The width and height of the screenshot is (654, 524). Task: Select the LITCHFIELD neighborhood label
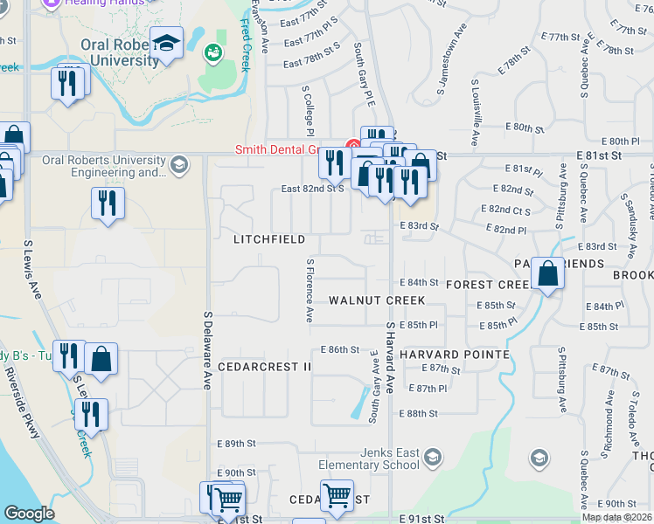click(269, 239)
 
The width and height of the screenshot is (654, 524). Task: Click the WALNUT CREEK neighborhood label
click(377, 300)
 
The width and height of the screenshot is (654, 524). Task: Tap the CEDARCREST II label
click(264, 367)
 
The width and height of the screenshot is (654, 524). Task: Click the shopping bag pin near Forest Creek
click(547, 274)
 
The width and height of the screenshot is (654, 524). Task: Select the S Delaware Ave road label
click(208, 350)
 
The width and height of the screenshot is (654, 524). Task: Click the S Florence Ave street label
click(310, 289)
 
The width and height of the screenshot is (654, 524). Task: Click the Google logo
click(29, 514)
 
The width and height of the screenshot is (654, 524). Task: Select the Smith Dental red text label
click(275, 149)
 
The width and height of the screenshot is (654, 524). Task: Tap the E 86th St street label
click(340, 349)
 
